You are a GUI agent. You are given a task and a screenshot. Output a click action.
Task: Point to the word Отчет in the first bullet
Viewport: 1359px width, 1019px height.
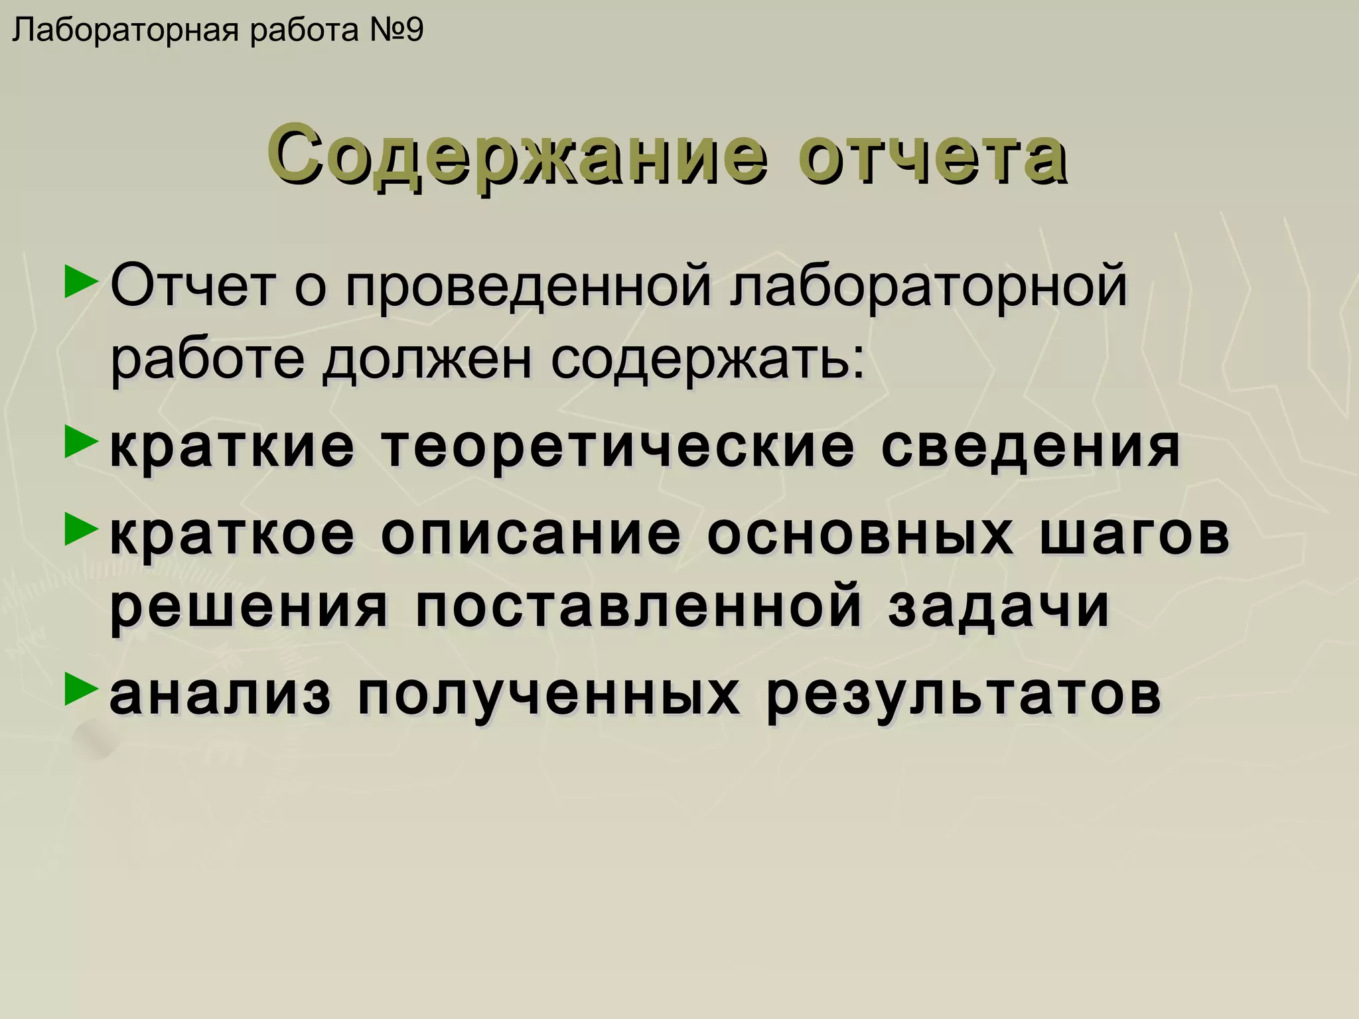pyautogui.click(x=192, y=286)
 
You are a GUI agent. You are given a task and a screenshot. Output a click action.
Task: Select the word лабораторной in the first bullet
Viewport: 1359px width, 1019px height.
pyautogui.click(x=929, y=286)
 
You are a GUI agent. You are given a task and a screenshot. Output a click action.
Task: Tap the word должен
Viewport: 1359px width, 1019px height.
pyautogui.click(x=427, y=360)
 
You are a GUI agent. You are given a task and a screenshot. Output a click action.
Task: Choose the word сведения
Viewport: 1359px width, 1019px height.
pyautogui.click(x=1032, y=447)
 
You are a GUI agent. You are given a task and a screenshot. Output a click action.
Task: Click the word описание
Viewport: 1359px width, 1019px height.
pyautogui.click(x=532, y=534)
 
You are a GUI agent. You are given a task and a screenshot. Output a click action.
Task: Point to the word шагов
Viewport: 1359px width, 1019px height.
pyautogui.click(x=1135, y=534)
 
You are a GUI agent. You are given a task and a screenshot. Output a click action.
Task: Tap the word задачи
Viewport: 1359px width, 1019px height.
pyautogui.click(x=999, y=606)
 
